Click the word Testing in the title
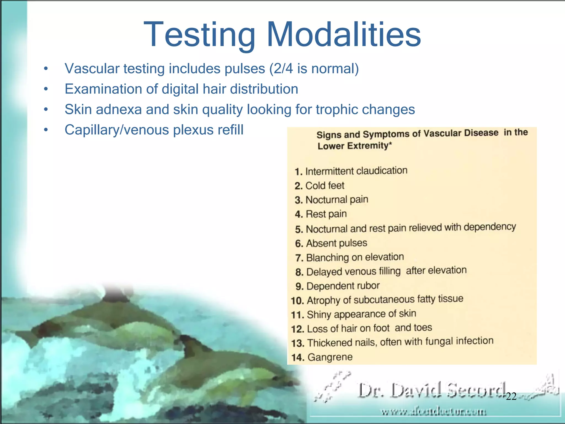(x=199, y=35)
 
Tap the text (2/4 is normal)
(x=314, y=68)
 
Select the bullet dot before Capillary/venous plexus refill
(x=46, y=130)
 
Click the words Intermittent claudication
(x=356, y=171)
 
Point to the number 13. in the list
(x=298, y=343)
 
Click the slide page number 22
(x=511, y=396)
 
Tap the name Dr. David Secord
(x=432, y=391)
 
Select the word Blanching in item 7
(x=327, y=258)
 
